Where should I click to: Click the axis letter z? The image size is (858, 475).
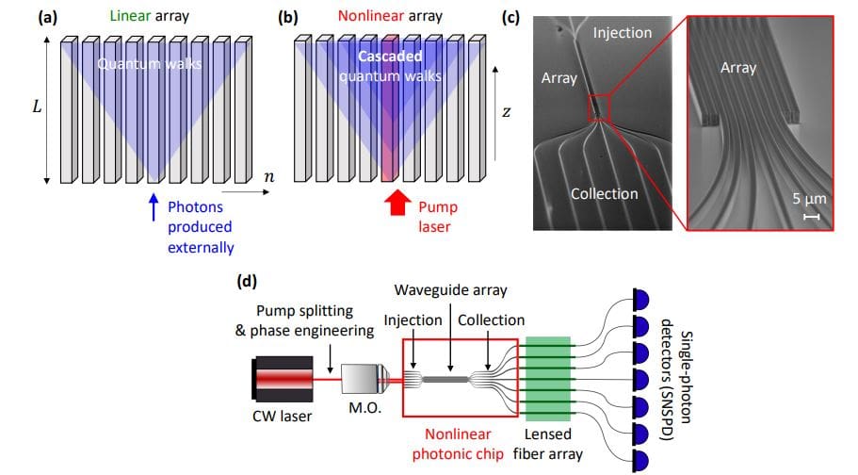[506, 112]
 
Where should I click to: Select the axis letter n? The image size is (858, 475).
[269, 175]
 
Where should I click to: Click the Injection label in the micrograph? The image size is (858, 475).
[622, 32]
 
